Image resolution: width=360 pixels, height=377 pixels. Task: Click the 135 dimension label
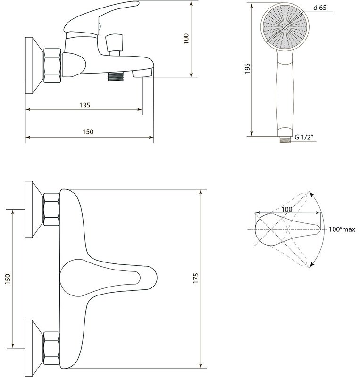pos(85,105)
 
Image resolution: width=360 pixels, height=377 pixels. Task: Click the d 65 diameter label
pos(320,8)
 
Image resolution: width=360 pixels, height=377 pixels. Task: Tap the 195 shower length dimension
pos(247,68)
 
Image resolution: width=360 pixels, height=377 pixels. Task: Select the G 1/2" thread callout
pos(304,137)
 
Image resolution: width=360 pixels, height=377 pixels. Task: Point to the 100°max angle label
pos(342,229)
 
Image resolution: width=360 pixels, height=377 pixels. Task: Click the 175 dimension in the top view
pos(196,278)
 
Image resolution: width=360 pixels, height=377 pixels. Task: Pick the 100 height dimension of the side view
pos(186,39)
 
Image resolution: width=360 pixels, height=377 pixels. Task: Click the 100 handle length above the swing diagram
pos(287,209)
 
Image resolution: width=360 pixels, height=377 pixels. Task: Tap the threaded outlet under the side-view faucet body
pos(115,76)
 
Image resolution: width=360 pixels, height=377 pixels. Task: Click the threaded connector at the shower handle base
pos(285,140)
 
